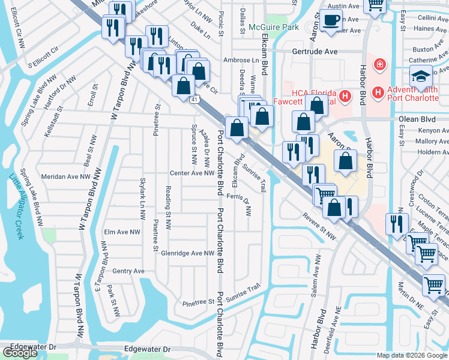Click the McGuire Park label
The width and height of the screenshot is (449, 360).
point(274,27)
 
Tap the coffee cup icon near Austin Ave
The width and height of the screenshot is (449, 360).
point(330,20)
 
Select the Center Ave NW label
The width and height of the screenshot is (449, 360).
point(192,173)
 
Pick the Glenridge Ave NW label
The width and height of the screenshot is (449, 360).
point(187,253)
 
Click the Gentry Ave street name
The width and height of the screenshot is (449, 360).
point(128,271)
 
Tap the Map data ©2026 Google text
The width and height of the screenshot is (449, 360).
point(412,355)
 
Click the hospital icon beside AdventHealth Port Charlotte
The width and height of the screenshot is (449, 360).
point(378,92)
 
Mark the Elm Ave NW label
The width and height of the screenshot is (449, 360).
point(122,232)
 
